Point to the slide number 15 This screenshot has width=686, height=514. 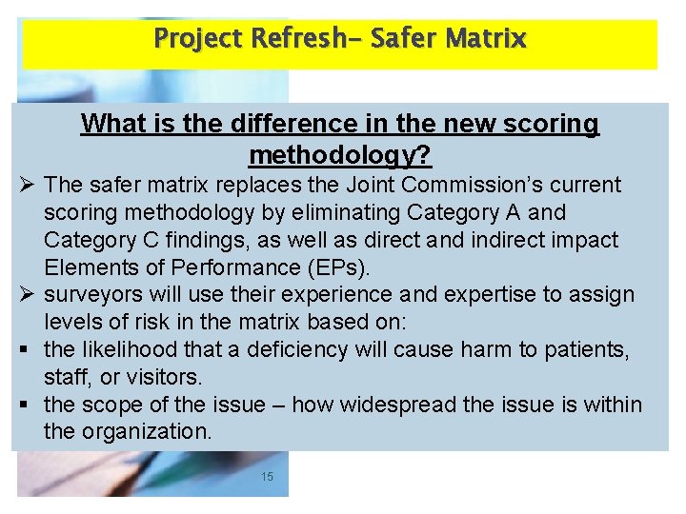click(267, 476)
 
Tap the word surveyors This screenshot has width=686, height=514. click(92, 294)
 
